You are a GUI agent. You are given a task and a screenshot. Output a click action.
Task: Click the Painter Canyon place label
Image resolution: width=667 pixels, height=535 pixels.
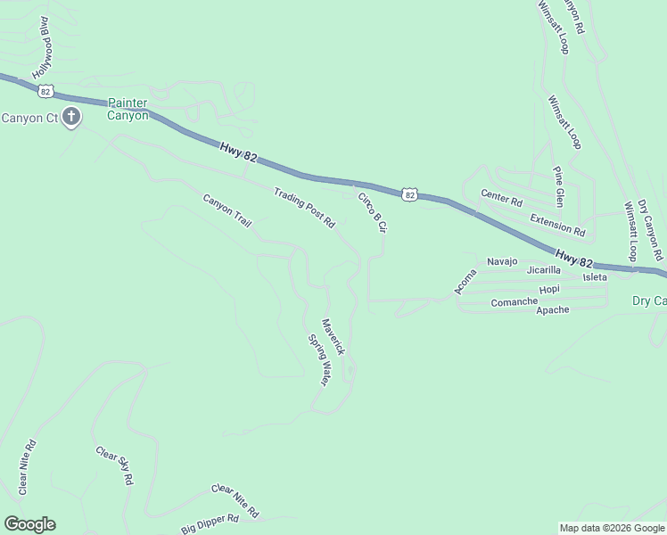pyautogui.click(x=128, y=109)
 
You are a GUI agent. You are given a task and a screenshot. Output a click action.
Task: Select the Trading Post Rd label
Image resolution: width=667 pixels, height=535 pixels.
pyautogui.click(x=304, y=207)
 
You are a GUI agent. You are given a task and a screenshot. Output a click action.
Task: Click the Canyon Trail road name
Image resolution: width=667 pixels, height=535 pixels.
pyautogui.click(x=227, y=210)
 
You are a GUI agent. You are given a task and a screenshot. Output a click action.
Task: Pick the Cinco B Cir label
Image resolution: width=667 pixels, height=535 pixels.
pyautogui.click(x=373, y=212)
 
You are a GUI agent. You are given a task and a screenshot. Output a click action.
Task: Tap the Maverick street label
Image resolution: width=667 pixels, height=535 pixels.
pyautogui.click(x=333, y=337)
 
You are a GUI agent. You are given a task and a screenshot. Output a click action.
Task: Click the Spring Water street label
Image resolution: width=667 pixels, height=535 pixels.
pyautogui.click(x=319, y=360)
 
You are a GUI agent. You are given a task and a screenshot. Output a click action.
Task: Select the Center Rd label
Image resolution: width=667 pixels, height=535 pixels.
pyautogui.click(x=500, y=197)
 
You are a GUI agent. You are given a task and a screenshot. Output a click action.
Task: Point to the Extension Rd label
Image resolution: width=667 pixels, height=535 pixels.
pyautogui.click(x=556, y=225)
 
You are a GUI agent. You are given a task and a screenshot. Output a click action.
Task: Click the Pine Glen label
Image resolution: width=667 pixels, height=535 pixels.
pyautogui.click(x=558, y=184)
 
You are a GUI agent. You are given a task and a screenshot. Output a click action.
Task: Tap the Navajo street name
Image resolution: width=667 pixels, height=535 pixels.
pyautogui.click(x=502, y=261)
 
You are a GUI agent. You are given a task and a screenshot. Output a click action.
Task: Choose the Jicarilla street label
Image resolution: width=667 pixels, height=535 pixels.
pyautogui.click(x=543, y=269)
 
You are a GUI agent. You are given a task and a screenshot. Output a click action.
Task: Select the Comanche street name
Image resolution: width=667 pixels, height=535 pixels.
pyautogui.click(x=515, y=302)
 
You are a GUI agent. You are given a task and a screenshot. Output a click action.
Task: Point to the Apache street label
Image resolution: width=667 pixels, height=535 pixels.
pyautogui.click(x=553, y=309)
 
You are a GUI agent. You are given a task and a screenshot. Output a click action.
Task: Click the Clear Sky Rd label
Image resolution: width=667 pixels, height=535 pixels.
pyautogui.click(x=115, y=465)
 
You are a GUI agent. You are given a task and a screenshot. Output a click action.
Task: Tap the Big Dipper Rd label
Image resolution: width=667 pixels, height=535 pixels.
pyautogui.click(x=210, y=523)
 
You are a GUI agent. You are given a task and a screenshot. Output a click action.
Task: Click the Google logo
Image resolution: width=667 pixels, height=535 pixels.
pyautogui.click(x=29, y=524)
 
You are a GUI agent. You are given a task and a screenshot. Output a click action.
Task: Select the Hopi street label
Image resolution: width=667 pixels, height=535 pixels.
pyautogui.click(x=549, y=290)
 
